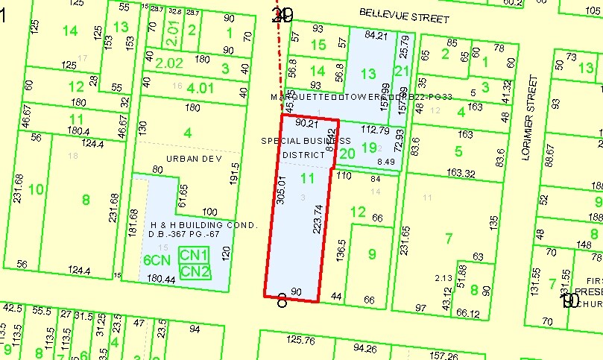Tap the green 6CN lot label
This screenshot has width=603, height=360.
point(157,260)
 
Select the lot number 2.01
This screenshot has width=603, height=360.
point(172,31)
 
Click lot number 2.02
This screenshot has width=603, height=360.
point(168,63)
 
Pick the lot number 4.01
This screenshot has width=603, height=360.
point(199,88)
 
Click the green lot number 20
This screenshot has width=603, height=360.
point(347,153)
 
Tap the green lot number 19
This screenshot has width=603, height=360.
point(370,148)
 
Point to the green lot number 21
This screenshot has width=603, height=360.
point(402,71)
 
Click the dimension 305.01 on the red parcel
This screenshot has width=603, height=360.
point(281,190)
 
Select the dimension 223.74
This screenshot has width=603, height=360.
point(318,219)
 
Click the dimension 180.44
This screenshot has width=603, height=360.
point(162,280)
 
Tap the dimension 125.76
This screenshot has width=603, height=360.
point(301,341)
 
